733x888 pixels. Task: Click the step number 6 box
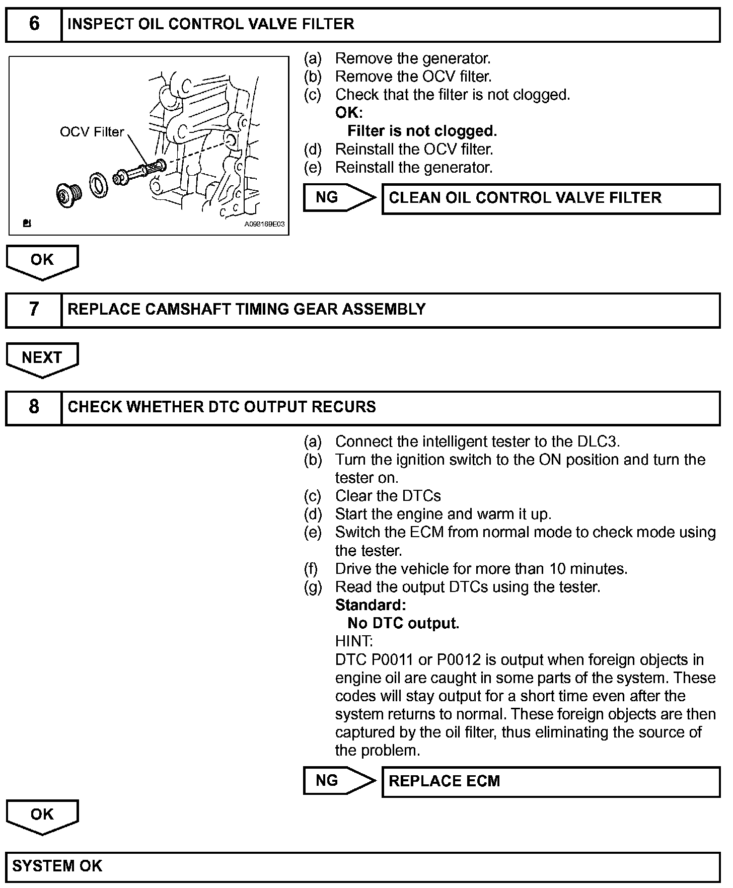click(34, 24)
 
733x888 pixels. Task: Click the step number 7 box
click(34, 309)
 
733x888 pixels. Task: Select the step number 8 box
click(34, 407)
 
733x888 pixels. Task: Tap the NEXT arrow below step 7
click(42, 358)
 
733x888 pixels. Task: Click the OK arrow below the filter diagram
click(42, 261)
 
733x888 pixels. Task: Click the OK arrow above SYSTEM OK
click(42, 815)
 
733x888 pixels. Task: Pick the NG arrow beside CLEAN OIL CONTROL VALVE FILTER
click(338, 197)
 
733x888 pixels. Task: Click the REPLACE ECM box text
click(444, 781)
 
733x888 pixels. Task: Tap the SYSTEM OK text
click(57, 866)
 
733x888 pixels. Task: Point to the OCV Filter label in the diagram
click(92, 132)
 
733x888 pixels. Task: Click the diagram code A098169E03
click(264, 225)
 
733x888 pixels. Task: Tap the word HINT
click(354, 641)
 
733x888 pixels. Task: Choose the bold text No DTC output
click(403, 623)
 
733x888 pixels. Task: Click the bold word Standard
click(370, 605)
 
